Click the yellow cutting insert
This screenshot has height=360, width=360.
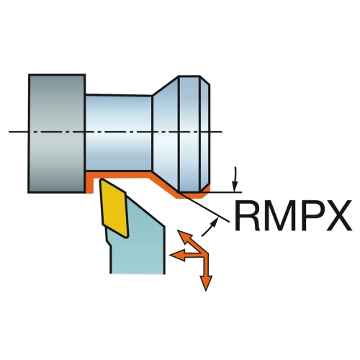114,208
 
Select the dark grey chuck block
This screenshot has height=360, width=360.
57,133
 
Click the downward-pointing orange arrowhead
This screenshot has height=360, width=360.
206,283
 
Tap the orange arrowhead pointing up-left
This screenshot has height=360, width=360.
184,236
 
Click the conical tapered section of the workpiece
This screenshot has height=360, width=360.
166,133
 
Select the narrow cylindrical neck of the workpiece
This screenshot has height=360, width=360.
119,132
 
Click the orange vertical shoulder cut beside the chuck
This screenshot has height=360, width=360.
90,183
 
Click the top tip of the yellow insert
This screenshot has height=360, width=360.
102,179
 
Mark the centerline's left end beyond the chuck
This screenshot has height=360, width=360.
9,132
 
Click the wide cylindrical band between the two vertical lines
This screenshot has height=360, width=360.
189,133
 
